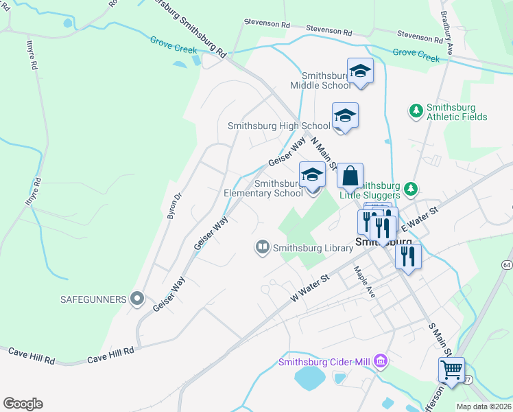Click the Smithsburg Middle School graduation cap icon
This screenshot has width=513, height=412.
coord(360,71)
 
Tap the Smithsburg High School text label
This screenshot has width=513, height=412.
coord(278,126)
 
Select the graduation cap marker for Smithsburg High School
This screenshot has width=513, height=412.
coord(345,116)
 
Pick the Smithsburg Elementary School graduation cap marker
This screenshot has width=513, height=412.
coord(313,175)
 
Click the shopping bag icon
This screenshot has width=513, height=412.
coord(350,176)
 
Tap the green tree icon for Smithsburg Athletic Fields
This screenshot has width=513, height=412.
coord(416,110)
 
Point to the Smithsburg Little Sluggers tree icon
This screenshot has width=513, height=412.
coord(410,188)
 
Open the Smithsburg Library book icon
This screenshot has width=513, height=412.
coord(263,247)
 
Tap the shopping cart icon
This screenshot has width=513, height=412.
coord(451,370)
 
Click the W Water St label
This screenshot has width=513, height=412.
coord(310,288)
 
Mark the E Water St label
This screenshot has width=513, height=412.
coord(418,217)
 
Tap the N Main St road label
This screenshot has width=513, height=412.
coord(323,155)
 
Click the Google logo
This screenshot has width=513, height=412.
coord(23,403)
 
